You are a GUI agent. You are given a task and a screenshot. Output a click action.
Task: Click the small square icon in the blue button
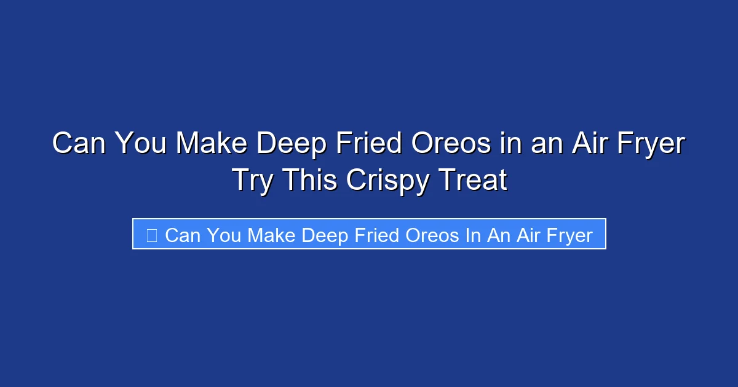click(151, 235)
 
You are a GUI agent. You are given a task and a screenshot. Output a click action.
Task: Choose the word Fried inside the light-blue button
click(377, 235)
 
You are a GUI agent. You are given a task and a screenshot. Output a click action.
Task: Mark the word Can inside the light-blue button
click(183, 235)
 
